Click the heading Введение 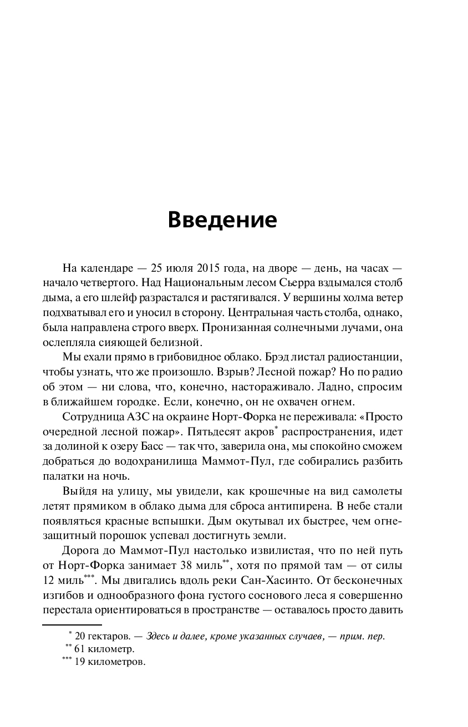pos(222,220)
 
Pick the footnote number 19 pos(80,662)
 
